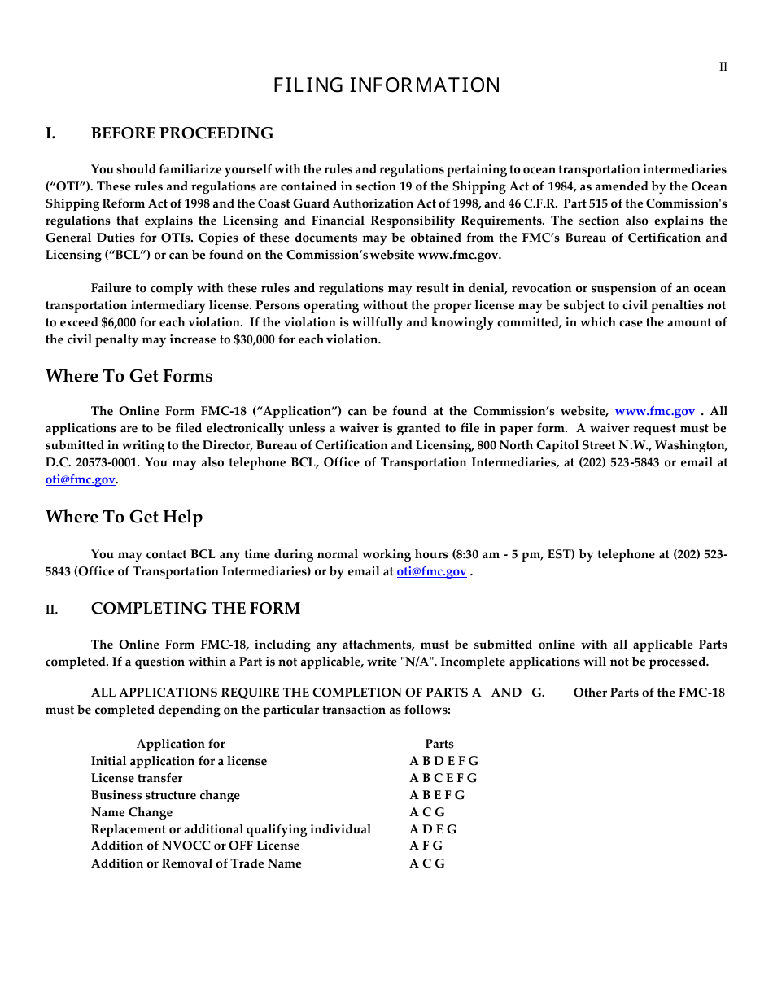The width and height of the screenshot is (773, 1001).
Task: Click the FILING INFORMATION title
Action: click(386, 85)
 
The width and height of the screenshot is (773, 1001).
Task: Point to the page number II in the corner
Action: click(723, 67)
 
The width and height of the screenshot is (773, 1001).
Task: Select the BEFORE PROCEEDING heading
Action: click(182, 133)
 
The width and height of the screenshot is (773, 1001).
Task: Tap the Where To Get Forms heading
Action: click(129, 376)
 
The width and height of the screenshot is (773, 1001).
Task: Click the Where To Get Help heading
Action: click(124, 517)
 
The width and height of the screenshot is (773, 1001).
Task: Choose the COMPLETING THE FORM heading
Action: click(195, 609)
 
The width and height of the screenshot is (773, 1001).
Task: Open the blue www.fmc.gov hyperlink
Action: click(654, 412)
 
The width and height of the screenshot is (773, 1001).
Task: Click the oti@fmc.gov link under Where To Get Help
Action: click(431, 572)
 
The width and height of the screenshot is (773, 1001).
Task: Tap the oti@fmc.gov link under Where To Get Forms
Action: click(80, 480)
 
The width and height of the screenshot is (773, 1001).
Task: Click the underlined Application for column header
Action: click(181, 744)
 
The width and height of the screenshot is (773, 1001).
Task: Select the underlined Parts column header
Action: click(439, 744)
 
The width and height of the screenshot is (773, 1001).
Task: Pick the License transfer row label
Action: click(137, 778)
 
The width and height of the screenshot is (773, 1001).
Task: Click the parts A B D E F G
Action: click(443, 761)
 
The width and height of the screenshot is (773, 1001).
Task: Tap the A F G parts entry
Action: click(426, 846)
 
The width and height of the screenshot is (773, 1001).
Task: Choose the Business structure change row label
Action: click(165, 795)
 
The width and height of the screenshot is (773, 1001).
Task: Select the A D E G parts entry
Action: click(433, 829)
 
